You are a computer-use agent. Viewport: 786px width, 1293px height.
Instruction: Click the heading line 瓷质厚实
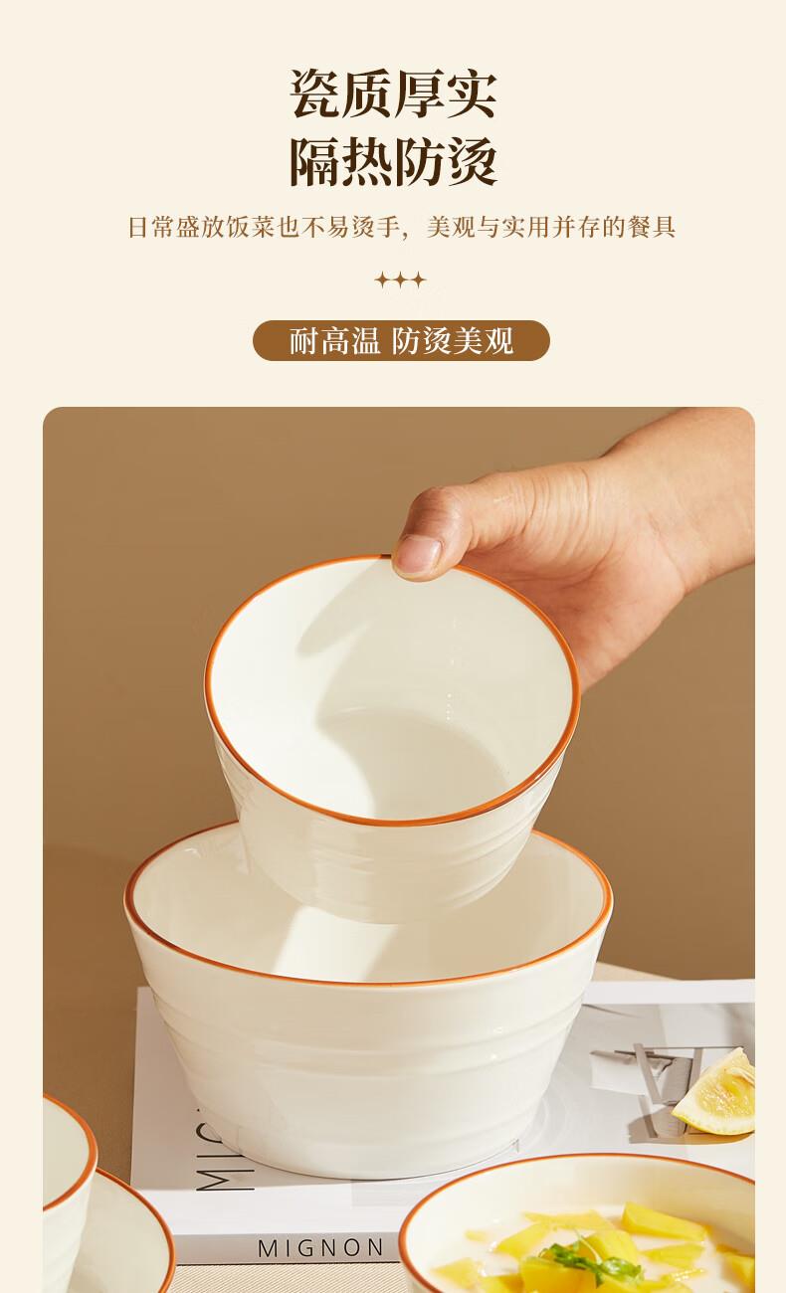[393, 93]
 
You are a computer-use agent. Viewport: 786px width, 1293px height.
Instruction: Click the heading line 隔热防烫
[393, 161]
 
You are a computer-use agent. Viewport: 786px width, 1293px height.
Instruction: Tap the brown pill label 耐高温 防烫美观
[401, 340]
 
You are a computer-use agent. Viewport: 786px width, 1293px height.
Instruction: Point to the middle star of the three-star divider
[400, 280]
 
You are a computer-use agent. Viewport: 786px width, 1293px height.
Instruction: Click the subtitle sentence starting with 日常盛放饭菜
[401, 227]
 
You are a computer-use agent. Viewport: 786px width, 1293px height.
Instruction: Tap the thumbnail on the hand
[418, 555]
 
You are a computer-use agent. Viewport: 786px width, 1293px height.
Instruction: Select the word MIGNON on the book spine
[320, 1248]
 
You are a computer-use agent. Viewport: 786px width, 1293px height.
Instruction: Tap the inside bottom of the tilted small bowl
[404, 756]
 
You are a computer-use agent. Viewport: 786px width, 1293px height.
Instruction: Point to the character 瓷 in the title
[314, 93]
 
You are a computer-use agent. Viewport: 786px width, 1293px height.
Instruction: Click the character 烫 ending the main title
[472, 161]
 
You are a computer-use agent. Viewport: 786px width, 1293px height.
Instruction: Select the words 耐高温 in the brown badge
[334, 340]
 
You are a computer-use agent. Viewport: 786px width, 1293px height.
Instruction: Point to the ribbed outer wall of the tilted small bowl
[399, 866]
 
